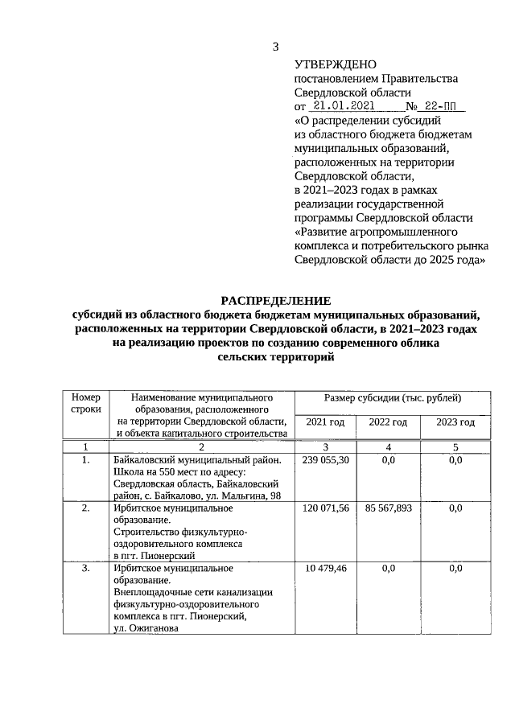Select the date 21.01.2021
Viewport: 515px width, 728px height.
(342, 106)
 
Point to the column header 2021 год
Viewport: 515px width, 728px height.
(325, 422)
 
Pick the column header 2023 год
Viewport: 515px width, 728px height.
(455, 422)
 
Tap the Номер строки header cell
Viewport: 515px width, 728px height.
(86, 403)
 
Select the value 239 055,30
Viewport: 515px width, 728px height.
(325, 460)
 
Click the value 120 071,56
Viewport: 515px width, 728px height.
(325, 508)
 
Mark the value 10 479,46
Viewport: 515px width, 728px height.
(325, 569)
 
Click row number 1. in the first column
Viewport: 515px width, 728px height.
(86, 460)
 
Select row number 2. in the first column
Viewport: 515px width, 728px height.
(86, 508)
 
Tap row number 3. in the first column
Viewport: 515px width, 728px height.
(86, 569)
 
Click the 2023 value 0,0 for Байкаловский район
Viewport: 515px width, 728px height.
(455, 460)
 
